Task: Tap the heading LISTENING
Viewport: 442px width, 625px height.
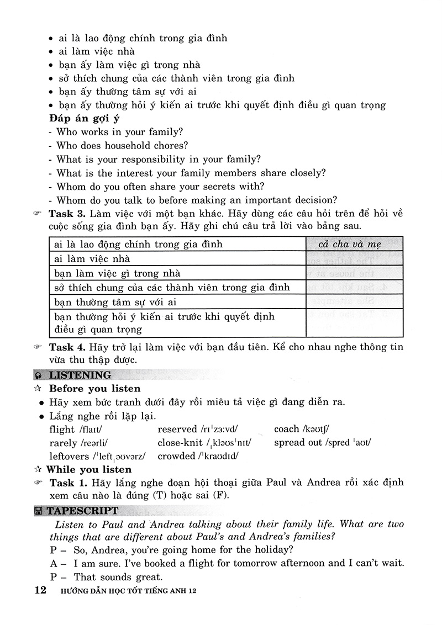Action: click(x=80, y=375)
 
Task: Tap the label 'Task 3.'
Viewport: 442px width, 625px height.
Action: click(x=67, y=214)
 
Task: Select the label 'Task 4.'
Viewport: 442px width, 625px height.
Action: click(x=67, y=347)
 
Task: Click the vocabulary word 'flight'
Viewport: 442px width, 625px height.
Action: click(x=62, y=429)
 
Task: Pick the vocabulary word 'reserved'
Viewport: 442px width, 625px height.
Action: click(x=177, y=429)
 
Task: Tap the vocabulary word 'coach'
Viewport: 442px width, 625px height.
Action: click(x=286, y=429)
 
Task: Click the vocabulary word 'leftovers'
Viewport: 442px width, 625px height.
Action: click(x=69, y=456)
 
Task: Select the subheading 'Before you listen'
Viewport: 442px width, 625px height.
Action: click(x=94, y=389)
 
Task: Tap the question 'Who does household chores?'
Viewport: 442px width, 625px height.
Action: click(x=122, y=146)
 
